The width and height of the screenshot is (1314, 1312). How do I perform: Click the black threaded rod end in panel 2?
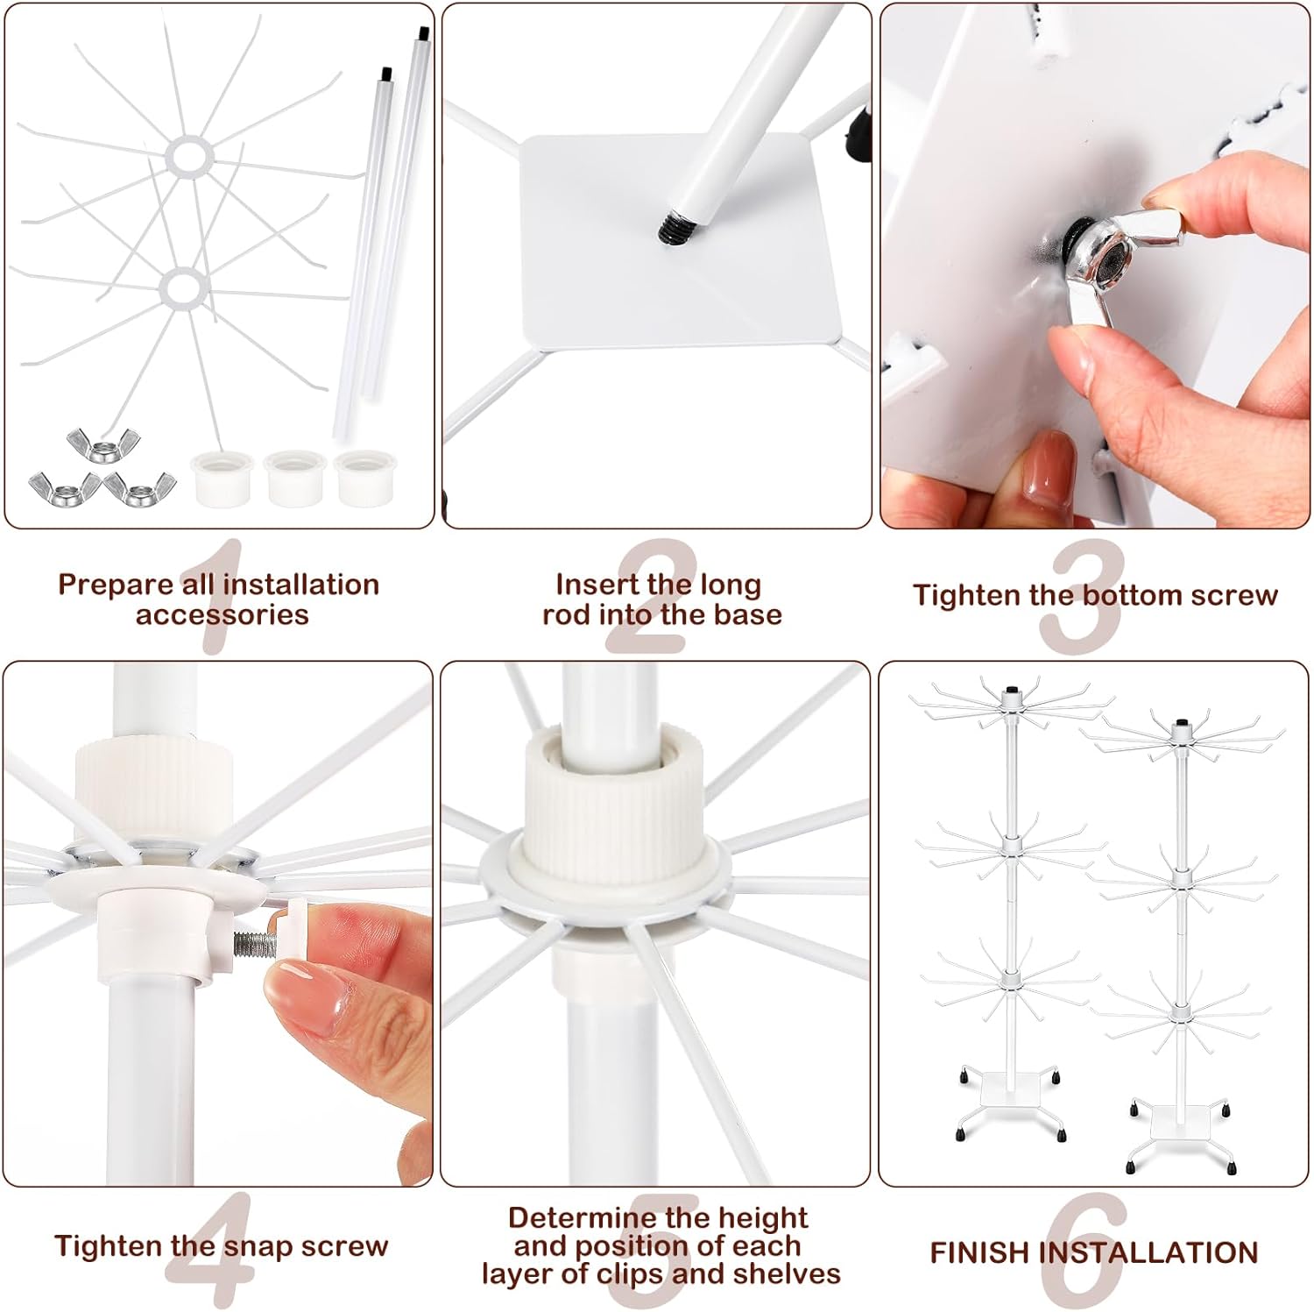(672, 228)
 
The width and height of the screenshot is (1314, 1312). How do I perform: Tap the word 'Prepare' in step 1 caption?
(115, 585)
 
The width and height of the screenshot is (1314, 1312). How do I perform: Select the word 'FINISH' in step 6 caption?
(980, 1253)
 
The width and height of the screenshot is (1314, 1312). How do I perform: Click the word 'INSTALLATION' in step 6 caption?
(1148, 1253)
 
